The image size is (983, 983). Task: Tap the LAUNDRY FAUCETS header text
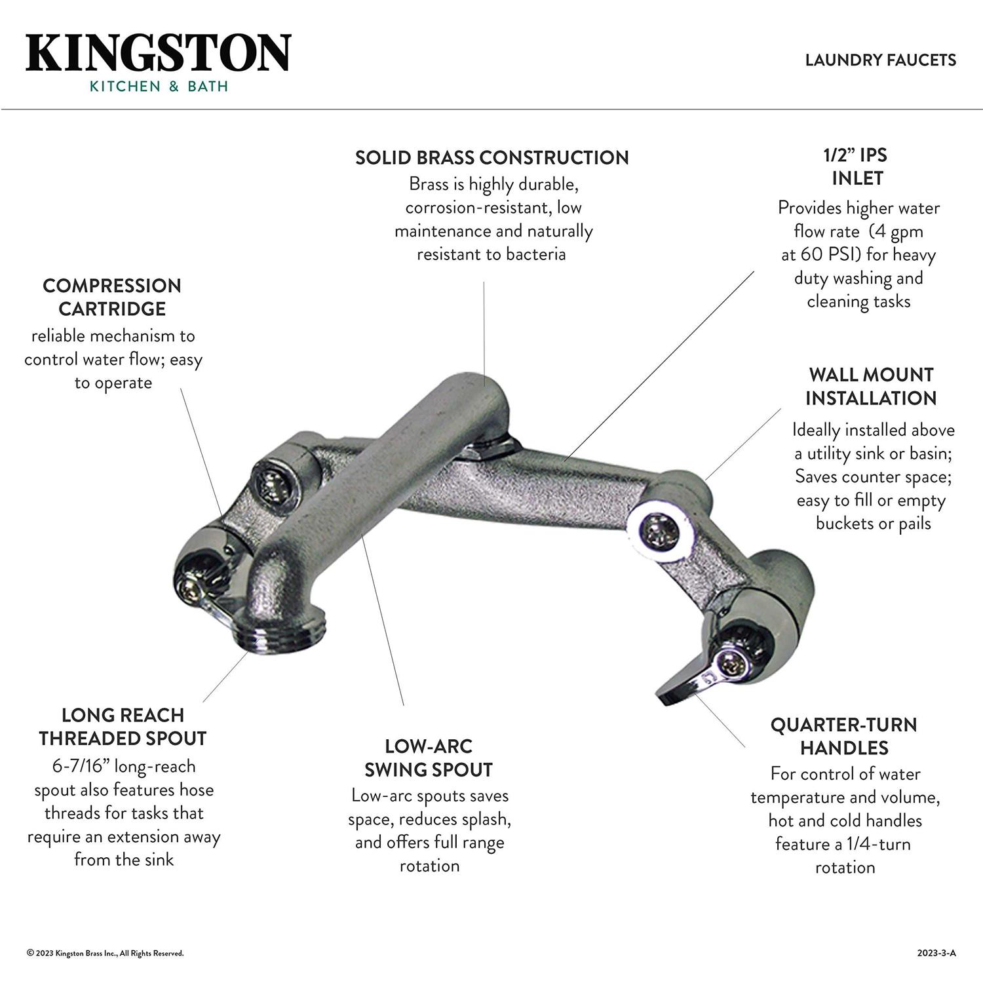coord(880,60)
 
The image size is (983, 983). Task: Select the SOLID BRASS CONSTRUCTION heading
coord(491,157)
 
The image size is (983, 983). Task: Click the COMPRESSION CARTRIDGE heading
coord(112,297)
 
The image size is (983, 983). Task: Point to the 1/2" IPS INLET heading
coord(857,166)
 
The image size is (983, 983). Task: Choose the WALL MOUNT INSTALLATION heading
coord(871,386)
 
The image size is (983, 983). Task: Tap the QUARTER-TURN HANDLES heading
coord(843,736)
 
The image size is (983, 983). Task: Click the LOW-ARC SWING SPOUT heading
coord(429,758)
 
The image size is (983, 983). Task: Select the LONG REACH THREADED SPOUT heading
coord(123,726)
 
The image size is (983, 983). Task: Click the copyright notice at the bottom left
coord(105,953)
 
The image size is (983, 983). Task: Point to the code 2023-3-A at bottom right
coord(936,953)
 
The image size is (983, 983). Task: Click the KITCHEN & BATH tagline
coord(159,86)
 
